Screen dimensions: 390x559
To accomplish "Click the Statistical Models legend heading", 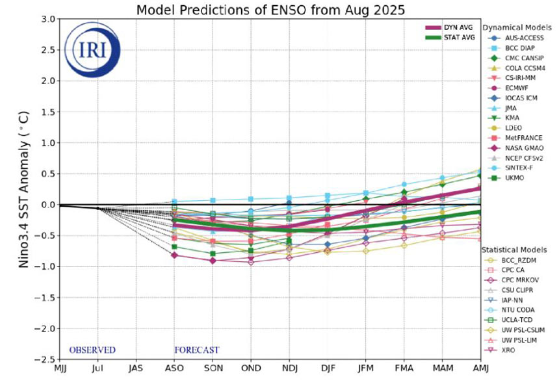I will click(513, 250).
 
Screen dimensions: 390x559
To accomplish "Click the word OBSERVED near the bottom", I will click(92, 350).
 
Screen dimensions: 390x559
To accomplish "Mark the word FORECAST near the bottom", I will click(196, 350).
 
